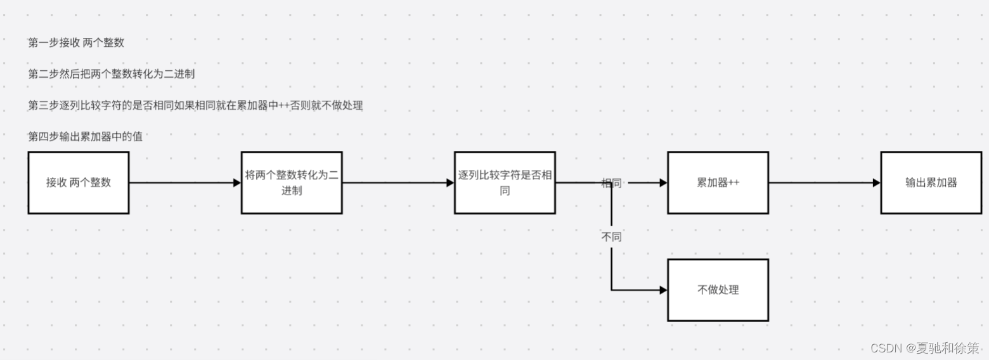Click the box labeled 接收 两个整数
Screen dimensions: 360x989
coord(79,183)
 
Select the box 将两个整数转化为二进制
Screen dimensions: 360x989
coord(292,183)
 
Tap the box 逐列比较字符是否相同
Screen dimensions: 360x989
coord(505,183)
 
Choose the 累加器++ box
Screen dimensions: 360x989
coord(718,183)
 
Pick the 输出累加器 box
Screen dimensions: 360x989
coord(931,183)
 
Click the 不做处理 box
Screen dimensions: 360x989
coord(718,290)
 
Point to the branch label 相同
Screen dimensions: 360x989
coord(612,183)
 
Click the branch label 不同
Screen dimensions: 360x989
coord(612,237)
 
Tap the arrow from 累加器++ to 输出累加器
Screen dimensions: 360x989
coord(824,183)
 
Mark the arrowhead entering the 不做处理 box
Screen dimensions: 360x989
coord(663,290)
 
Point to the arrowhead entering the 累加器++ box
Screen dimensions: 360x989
coord(663,183)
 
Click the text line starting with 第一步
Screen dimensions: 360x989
coord(76,42)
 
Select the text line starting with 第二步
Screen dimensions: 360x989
coord(111,74)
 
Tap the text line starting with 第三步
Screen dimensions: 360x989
coord(195,105)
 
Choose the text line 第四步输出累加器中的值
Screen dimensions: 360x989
coord(85,136)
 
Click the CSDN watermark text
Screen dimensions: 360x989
coord(924,348)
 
